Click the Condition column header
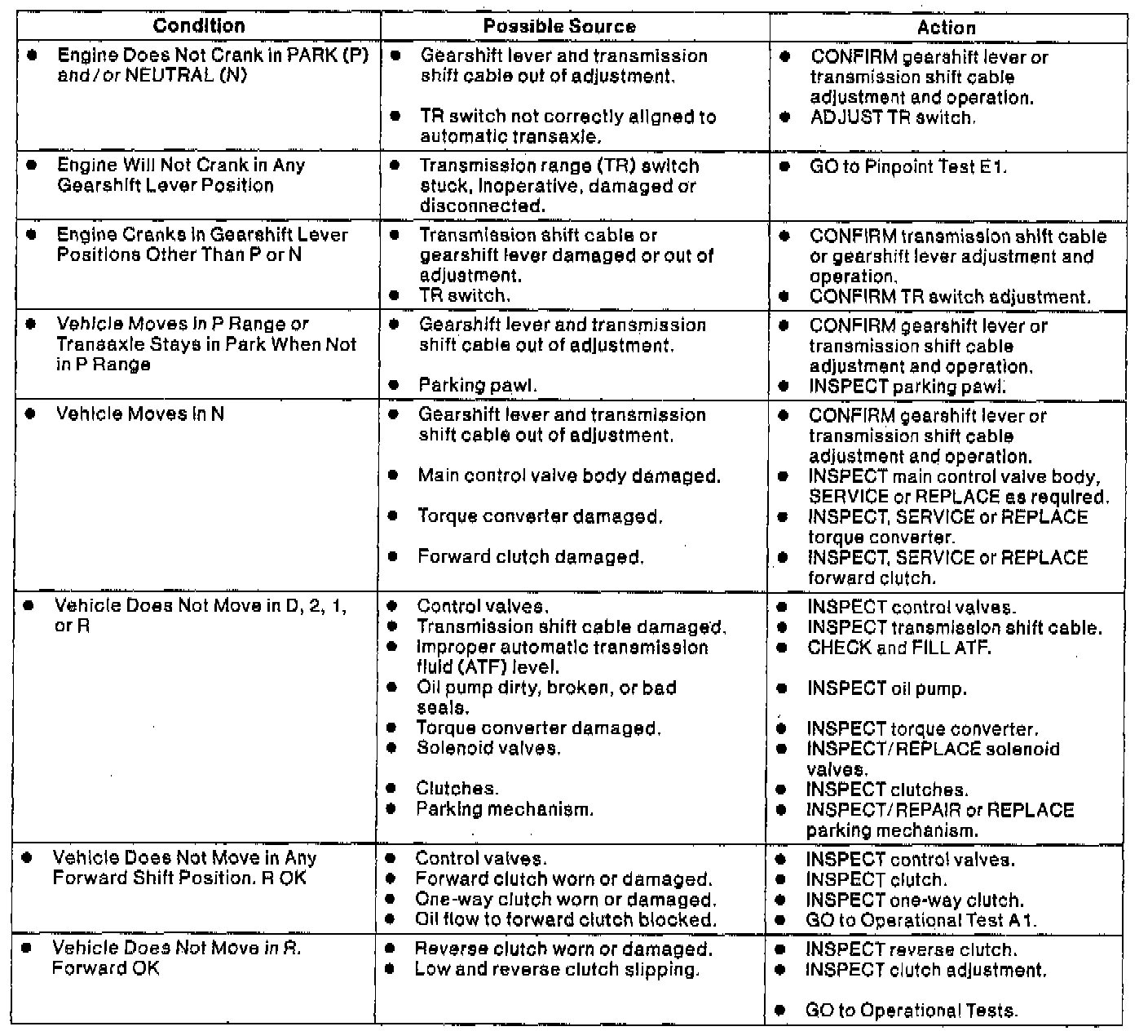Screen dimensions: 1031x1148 [x=199, y=26]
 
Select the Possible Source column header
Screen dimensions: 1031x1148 [x=559, y=26]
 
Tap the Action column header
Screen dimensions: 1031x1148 [x=946, y=27]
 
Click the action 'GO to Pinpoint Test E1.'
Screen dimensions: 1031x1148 [x=908, y=166]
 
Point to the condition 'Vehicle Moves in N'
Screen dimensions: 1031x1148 [x=139, y=414]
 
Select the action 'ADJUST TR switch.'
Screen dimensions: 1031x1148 [x=892, y=117]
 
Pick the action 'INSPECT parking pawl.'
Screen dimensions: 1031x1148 [x=907, y=387]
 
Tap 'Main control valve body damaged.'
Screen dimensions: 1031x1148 [x=569, y=476]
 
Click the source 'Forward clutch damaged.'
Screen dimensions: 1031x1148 [x=531, y=557]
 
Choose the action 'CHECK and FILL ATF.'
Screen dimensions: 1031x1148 [x=899, y=648]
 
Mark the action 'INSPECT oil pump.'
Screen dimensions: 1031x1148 [x=887, y=688]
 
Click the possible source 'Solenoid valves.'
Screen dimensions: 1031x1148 [x=488, y=748]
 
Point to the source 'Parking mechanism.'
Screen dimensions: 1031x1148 [x=505, y=809]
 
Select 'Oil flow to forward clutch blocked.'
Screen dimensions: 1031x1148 [x=566, y=919]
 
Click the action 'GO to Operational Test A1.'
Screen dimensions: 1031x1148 [x=921, y=921]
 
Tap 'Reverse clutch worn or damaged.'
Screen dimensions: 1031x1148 [x=563, y=949]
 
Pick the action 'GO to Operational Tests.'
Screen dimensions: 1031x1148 [x=912, y=1011]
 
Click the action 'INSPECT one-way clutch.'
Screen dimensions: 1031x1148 [x=915, y=900]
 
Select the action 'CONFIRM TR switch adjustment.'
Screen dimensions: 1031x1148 [x=949, y=297]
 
